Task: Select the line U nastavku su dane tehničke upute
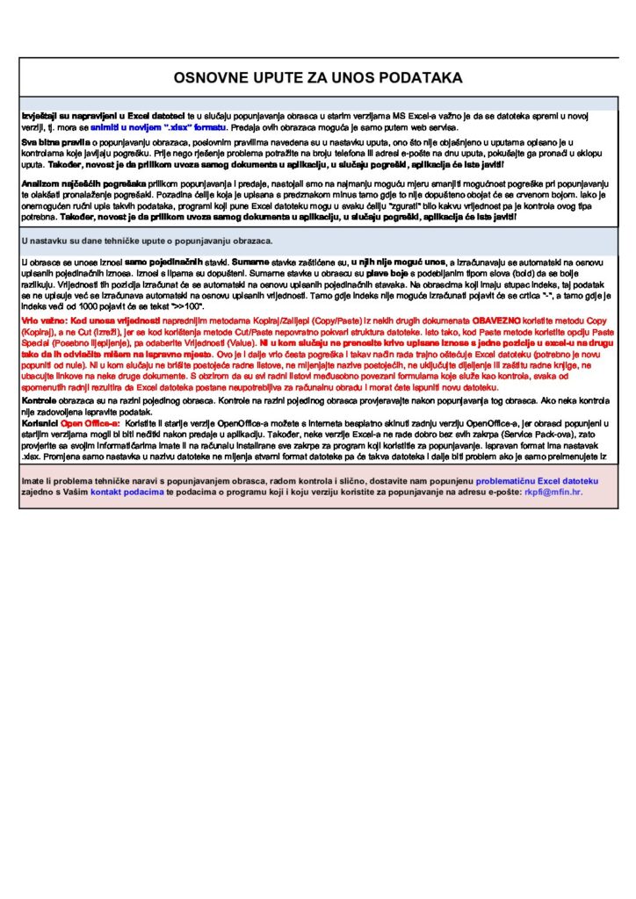point(147,240)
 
